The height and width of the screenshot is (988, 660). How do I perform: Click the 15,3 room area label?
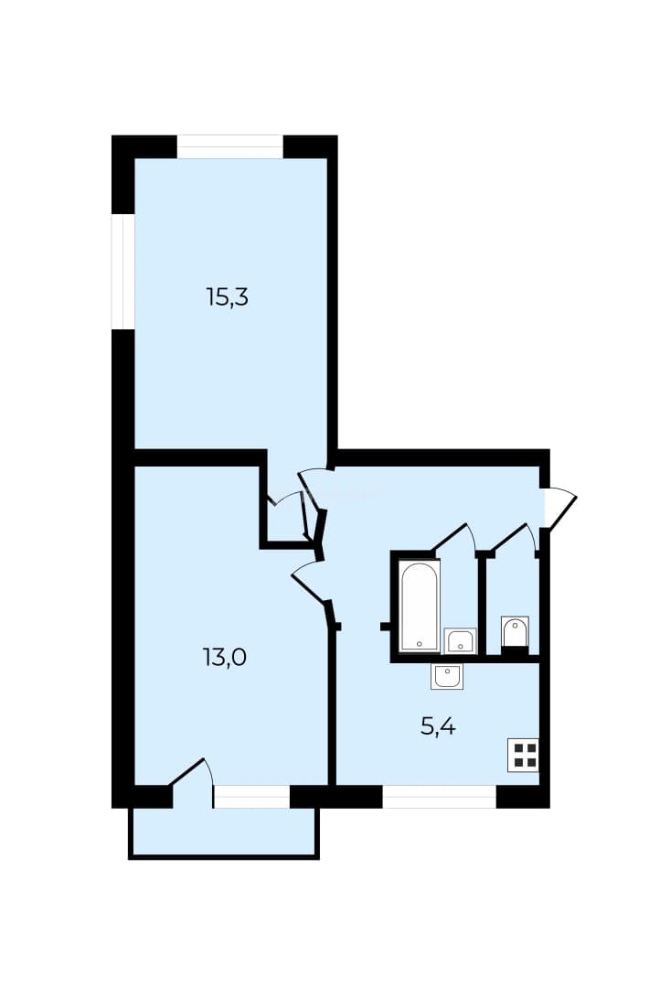(x=228, y=296)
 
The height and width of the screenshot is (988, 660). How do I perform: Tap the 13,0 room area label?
(x=224, y=658)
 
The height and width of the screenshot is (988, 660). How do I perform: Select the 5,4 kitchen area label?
(x=438, y=727)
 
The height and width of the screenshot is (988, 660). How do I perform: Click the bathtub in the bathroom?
(x=420, y=607)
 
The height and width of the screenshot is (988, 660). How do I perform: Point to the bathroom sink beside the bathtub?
(x=461, y=641)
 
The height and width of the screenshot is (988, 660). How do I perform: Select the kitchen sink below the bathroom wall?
(x=447, y=676)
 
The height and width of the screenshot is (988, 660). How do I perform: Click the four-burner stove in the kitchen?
(x=524, y=755)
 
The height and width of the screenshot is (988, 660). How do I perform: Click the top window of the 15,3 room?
(x=229, y=146)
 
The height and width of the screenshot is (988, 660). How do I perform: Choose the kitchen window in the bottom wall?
(x=440, y=797)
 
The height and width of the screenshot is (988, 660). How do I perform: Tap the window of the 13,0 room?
(x=251, y=797)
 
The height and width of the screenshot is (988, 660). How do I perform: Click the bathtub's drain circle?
(x=420, y=644)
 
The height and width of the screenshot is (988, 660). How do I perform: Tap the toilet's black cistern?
(x=515, y=651)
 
